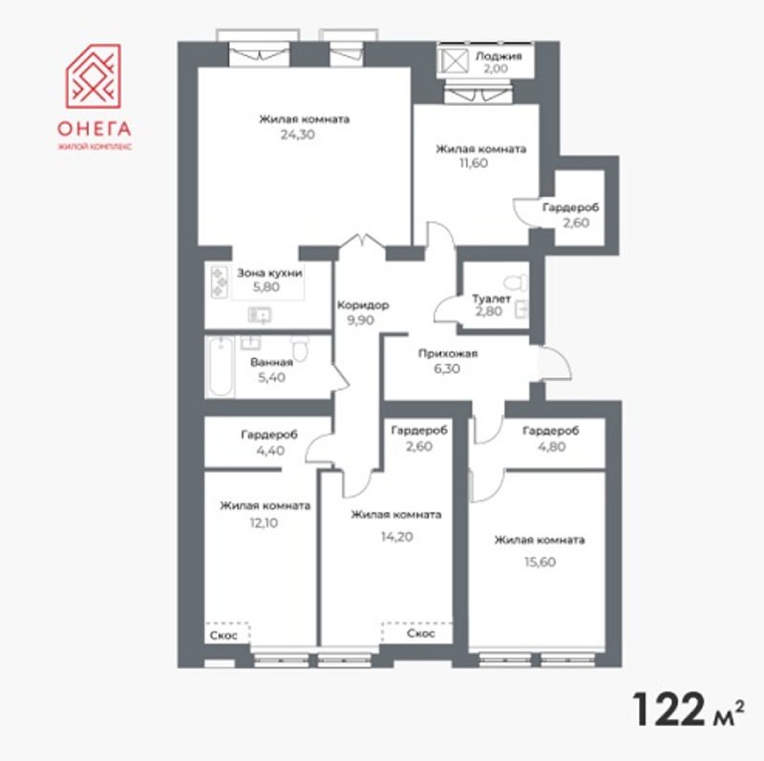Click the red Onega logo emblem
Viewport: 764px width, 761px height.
click(x=93, y=76)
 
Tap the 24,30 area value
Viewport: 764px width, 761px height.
click(x=298, y=135)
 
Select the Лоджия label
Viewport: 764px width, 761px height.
click(x=499, y=55)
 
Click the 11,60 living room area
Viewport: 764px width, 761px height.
click(x=474, y=163)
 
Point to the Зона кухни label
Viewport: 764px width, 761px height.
click(x=269, y=273)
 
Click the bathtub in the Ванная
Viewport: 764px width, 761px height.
click(x=221, y=366)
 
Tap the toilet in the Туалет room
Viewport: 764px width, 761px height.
click(x=516, y=283)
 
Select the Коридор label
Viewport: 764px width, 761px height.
click(x=363, y=306)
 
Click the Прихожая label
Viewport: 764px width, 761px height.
click(x=448, y=353)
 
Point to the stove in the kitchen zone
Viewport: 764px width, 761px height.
click(x=220, y=282)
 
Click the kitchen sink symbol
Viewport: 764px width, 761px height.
click(x=260, y=315)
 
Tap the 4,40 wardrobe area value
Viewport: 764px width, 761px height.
click(x=270, y=451)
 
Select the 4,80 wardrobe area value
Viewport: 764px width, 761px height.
click(x=552, y=447)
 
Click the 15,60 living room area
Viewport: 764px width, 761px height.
click(x=540, y=562)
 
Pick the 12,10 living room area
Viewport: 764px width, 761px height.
click(x=264, y=523)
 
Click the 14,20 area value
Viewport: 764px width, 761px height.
click(x=396, y=537)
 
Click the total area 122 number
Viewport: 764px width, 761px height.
click(x=668, y=709)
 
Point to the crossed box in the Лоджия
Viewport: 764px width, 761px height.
click(x=455, y=61)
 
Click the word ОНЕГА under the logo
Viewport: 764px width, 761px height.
click(x=94, y=129)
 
